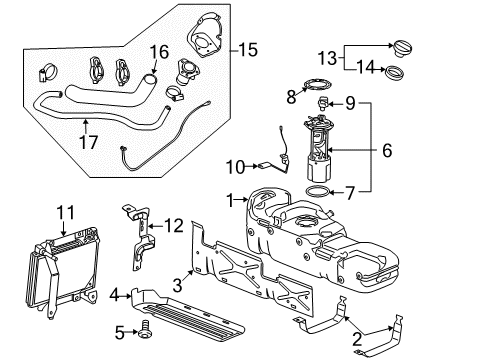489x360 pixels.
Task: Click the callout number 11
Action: [x=65, y=212]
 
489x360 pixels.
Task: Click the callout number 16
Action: [x=159, y=52]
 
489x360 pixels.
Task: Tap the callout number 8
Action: [x=290, y=98]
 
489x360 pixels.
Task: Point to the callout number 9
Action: [x=352, y=102]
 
